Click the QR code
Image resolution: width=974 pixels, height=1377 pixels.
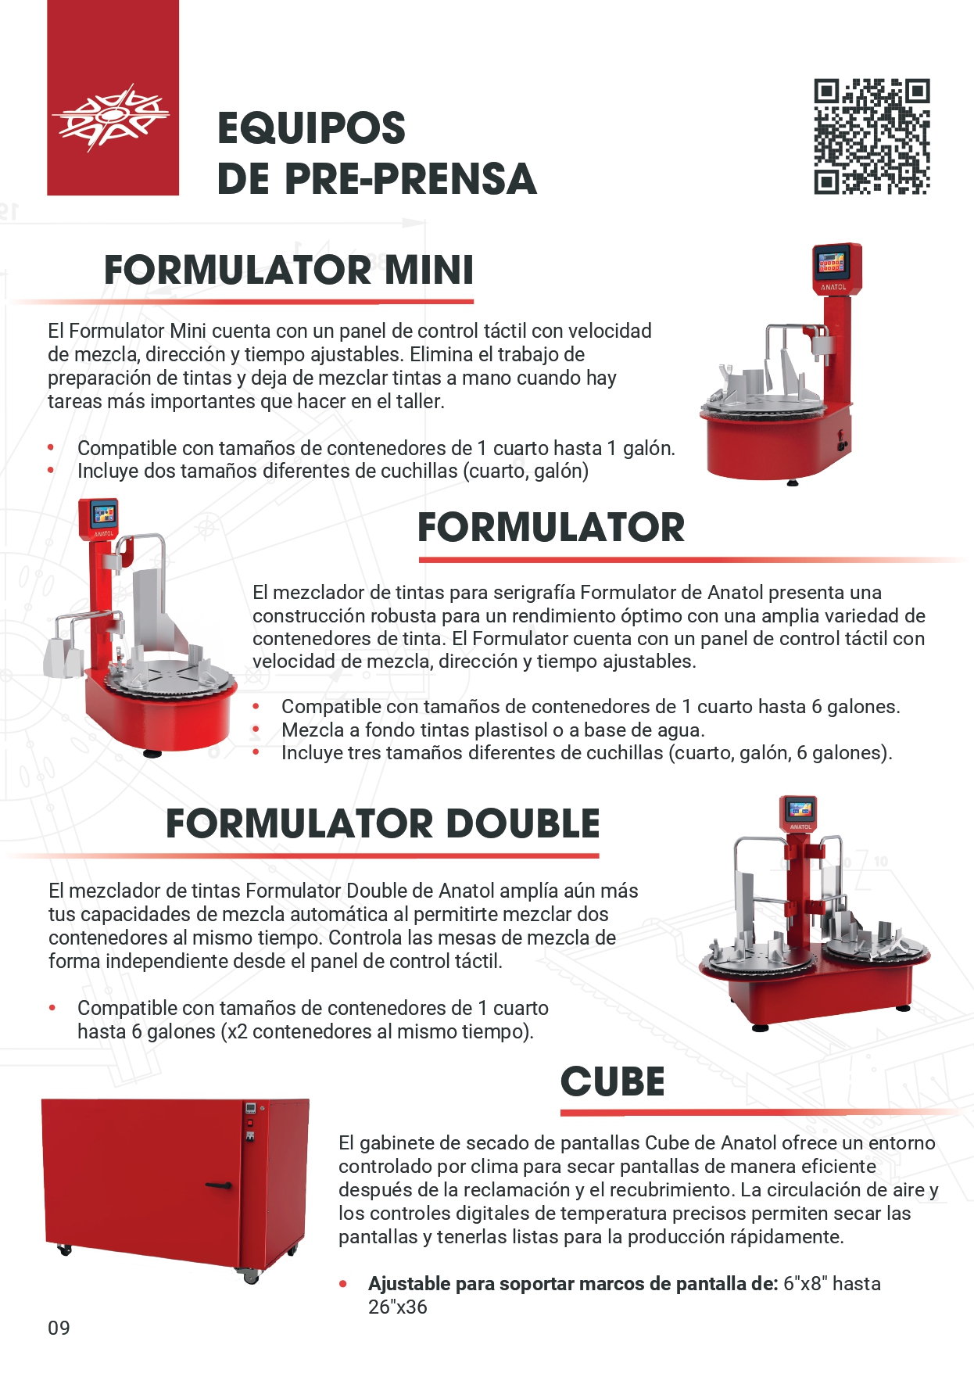point(872,136)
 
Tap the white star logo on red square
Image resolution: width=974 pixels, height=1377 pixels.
point(111,117)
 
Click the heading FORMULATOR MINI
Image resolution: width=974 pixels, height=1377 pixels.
point(289,270)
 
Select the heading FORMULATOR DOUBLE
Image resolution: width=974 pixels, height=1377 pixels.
point(383,823)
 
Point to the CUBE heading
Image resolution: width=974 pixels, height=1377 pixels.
point(613,1081)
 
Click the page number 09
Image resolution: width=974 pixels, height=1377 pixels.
point(59,1328)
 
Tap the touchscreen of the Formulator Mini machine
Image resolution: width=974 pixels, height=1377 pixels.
point(832,264)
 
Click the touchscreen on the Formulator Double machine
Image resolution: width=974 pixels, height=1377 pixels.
point(799,810)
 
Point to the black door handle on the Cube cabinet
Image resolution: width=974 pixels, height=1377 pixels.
point(219,1185)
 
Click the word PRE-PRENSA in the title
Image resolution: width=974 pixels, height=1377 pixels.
point(410,179)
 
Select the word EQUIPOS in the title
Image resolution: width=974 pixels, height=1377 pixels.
point(311,128)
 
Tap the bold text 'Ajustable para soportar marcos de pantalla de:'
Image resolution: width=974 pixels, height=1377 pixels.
point(573,1283)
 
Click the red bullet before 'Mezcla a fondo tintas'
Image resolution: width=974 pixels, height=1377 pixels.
point(256,730)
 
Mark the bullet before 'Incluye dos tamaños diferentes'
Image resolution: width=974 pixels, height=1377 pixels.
point(52,471)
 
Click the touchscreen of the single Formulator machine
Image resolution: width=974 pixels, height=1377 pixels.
point(103,514)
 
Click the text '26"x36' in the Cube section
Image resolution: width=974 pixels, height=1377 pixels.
point(398,1307)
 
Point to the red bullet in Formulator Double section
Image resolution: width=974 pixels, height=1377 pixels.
point(52,1008)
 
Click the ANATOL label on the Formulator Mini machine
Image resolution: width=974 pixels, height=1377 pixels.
point(833,287)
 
